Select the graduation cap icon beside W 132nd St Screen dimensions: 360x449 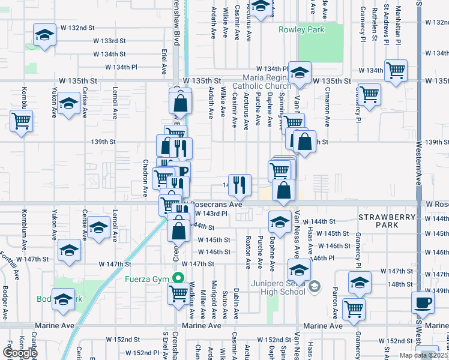pos(44,35)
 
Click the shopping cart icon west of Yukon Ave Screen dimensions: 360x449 pos(21,121)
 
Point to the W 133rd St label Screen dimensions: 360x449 pos(109,41)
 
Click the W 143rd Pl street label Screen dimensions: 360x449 pos(211,214)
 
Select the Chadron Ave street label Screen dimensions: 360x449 pos(145,182)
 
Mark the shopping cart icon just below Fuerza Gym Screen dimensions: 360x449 pos(178,293)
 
